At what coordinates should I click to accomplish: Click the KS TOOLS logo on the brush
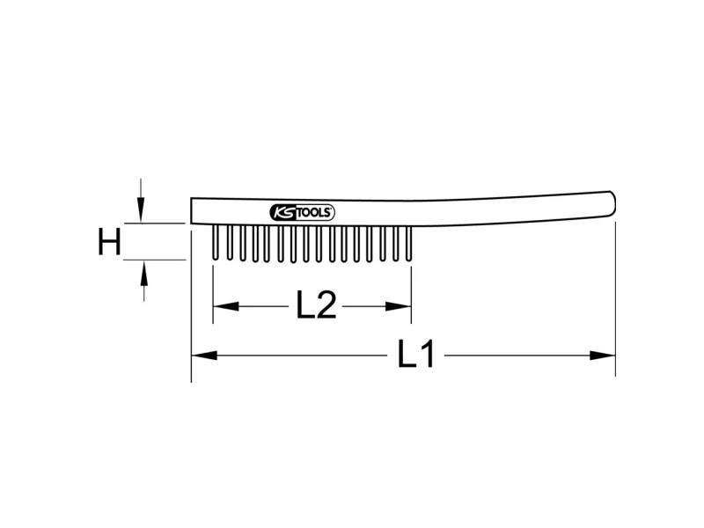302,212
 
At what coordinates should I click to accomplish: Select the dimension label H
109,242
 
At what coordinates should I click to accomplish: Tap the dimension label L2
316,305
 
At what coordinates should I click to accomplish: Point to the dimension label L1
415,355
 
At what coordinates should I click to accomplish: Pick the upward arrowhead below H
143,273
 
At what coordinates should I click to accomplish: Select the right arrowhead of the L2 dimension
399,306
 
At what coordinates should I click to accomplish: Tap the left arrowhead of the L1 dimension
204,356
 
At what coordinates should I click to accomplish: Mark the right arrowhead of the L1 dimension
602,356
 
